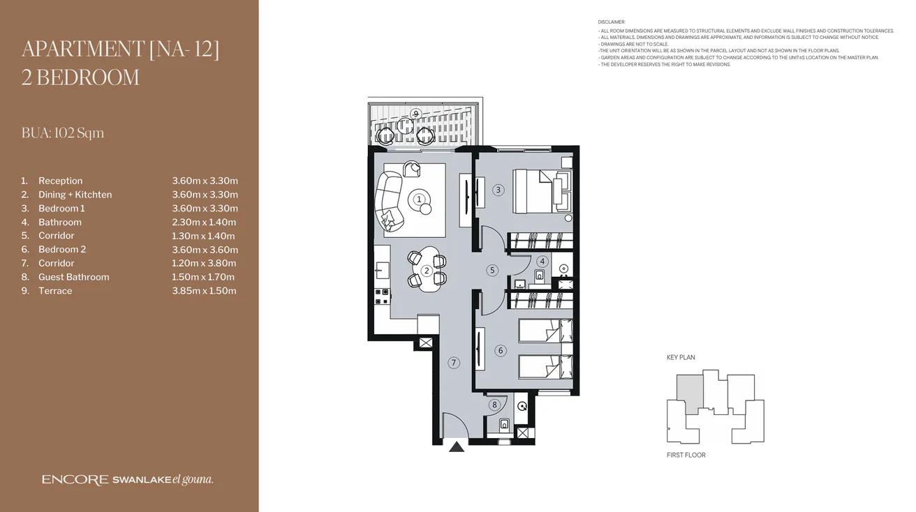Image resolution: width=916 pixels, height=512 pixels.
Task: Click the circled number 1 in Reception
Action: tap(420, 199)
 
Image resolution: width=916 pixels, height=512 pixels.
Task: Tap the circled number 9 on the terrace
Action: tap(415, 114)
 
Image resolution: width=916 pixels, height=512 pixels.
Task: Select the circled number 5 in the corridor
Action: tap(492, 271)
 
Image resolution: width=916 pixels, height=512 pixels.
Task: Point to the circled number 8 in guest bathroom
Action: tap(494, 405)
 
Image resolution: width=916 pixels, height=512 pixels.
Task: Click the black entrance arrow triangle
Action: tap(457, 446)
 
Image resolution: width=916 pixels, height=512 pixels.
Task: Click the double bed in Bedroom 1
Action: tap(540, 191)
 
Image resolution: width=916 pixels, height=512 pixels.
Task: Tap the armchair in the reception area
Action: tap(412, 169)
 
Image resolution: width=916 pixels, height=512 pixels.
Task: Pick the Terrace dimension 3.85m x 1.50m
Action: tap(204, 291)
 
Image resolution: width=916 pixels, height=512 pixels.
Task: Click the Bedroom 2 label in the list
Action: tap(62, 250)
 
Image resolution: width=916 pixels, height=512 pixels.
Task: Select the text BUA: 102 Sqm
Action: tap(63, 133)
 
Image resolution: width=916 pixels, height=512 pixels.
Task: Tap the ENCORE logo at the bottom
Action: tap(75, 480)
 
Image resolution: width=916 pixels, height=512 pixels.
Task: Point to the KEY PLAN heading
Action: tap(681, 357)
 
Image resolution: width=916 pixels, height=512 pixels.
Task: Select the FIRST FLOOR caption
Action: tap(686, 455)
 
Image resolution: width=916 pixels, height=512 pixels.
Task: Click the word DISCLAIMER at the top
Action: tap(612, 22)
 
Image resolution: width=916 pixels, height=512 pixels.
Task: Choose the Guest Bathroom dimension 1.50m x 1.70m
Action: tap(204, 277)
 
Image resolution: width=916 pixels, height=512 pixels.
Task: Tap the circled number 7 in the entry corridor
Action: tap(454, 363)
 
